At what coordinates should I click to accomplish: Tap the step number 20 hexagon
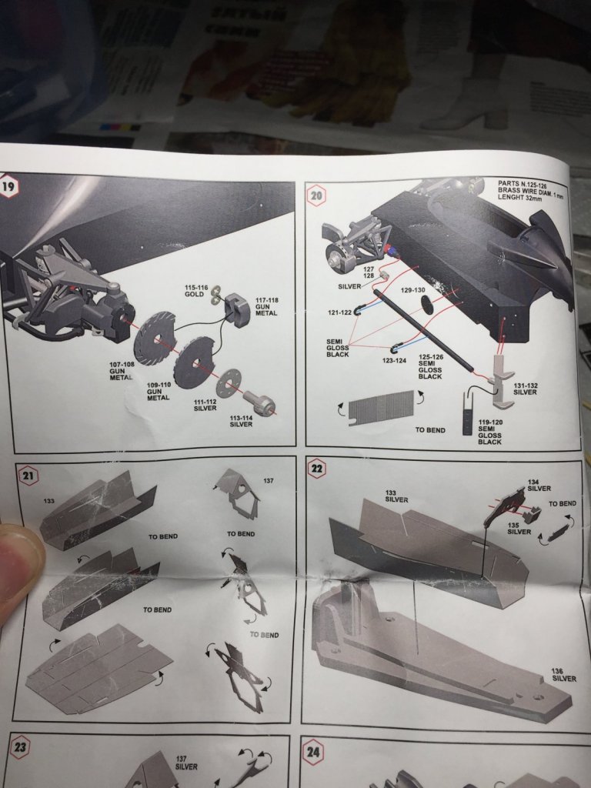(317, 195)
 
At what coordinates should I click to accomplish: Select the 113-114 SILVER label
(241, 419)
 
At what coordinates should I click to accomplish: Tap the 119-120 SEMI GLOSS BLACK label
(489, 432)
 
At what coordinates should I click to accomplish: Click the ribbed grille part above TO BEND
(382, 406)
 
